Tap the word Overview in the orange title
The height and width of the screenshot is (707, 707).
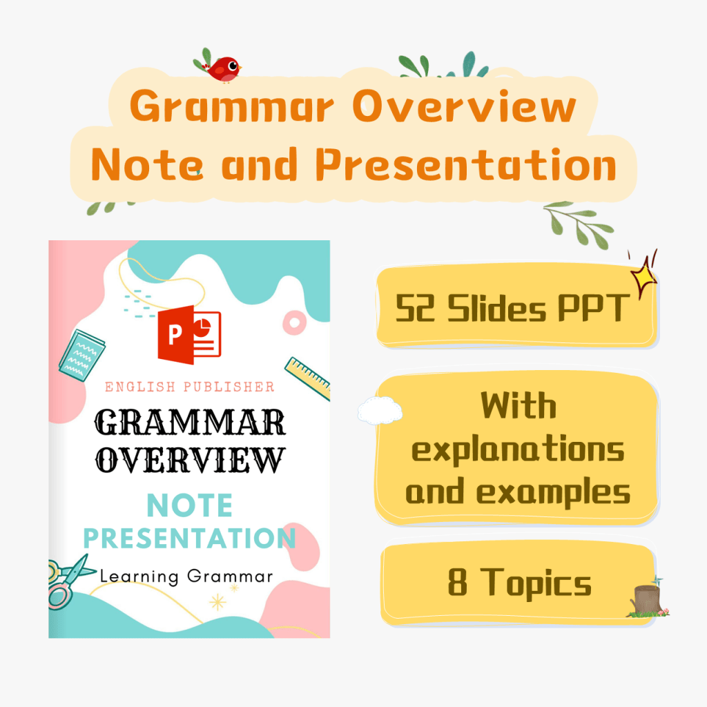pos(464,106)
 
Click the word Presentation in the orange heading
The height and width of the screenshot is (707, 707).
pos(465,165)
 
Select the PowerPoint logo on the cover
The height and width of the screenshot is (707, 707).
pos(189,335)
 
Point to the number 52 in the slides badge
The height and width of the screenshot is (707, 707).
pos(415,308)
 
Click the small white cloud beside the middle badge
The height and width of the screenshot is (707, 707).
pos(380,410)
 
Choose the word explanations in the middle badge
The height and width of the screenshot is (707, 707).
pos(518,449)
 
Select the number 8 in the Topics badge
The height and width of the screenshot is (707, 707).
pos(457,581)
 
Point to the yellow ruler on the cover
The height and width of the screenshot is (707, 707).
pos(307,378)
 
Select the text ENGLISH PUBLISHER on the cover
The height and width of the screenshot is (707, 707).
pos(190,387)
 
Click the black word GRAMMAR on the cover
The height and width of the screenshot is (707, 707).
pos(190,423)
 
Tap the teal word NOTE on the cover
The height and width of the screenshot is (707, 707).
pos(189,505)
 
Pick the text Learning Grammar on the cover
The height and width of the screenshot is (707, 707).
pos(186,577)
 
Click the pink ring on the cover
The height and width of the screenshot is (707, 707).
pos(294,322)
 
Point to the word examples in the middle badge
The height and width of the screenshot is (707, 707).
pos(553,492)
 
